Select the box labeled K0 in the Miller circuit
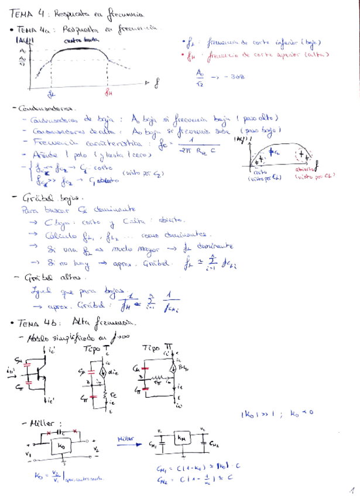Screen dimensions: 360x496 coord(61,446)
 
